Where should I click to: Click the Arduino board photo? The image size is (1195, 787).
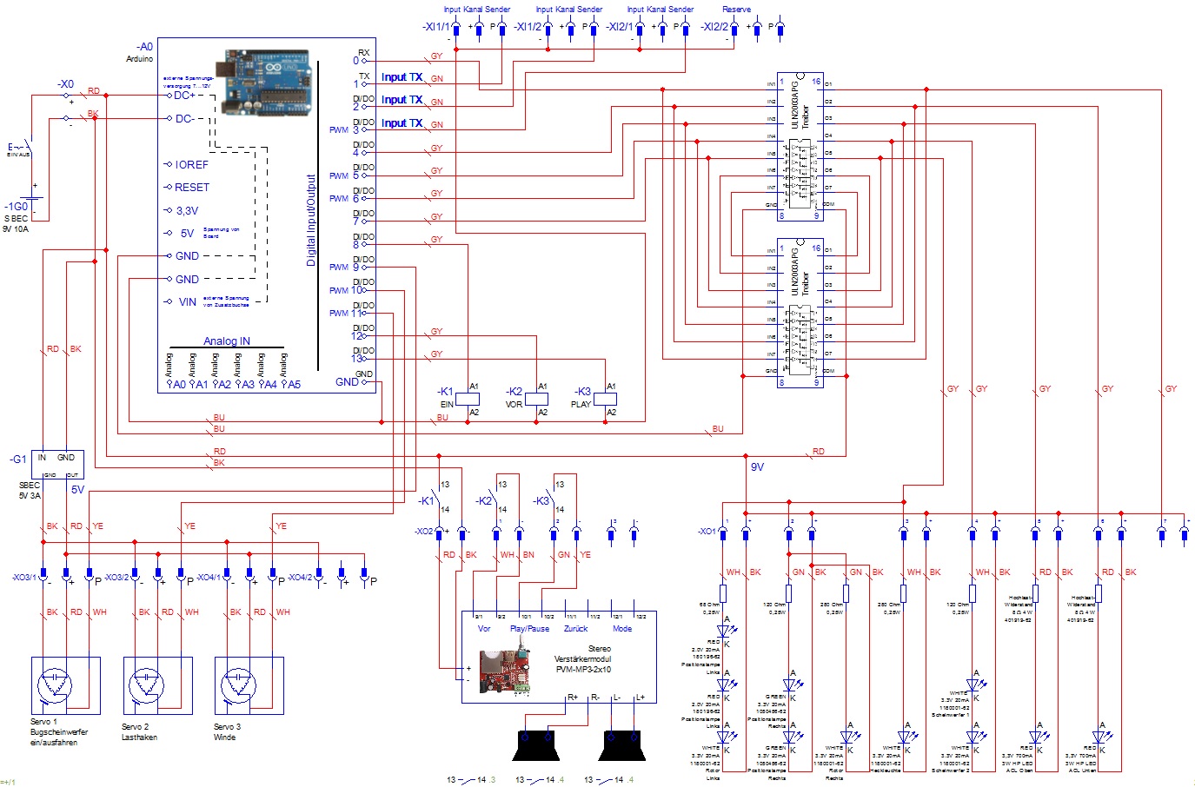[x=266, y=82]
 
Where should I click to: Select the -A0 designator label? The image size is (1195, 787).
[x=144, y=47]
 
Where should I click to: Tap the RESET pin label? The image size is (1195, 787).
[x=192, y=188]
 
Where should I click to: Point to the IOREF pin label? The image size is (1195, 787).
[x=191, y=165]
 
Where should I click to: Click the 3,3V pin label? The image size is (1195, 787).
[x=187, y=211]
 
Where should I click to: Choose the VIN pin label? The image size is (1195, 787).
[x=188, y=302]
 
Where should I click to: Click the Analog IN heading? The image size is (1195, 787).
[x=227, y=341]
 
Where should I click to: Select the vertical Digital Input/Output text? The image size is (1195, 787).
[x=311, y=221]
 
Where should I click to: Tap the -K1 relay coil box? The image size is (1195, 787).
[x=468, y=399]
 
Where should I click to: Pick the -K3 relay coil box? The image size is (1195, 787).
[x=605, y=399]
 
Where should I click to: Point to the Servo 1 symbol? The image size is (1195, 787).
[x=65, y=685]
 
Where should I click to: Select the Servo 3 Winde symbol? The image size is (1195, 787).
[x=249, y=685]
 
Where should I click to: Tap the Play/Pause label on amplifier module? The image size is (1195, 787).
[x=529, y=629]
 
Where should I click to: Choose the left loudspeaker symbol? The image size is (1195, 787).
[x=537, y=746]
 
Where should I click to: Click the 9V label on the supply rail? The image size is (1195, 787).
[x=757, y=467]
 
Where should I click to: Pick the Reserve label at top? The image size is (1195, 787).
[x=736, y=10]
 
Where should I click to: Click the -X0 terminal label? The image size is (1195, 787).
[x=66, y=84]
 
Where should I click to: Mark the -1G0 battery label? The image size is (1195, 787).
[x=17, y=207]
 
